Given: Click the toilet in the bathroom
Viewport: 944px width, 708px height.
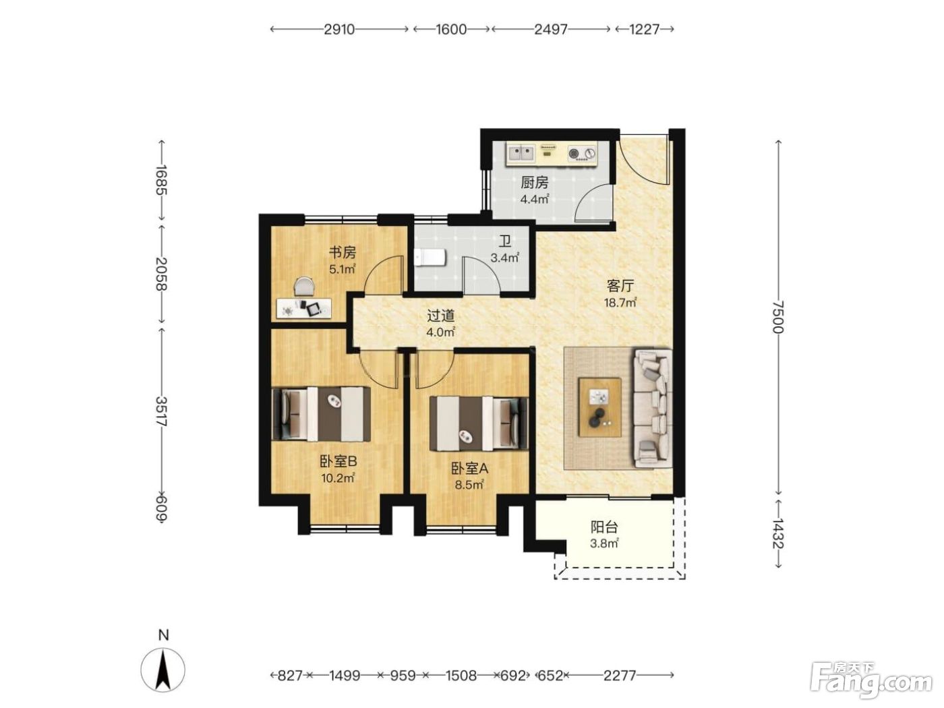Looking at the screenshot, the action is pos(430,258).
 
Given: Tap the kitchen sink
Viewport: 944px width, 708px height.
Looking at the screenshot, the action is pos(521,152).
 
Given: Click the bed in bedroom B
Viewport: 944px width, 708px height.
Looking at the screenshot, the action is pos(321,413).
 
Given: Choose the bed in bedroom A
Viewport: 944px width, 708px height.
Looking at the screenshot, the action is pos(479,423).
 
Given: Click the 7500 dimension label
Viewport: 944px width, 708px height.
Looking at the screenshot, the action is pos(778,317).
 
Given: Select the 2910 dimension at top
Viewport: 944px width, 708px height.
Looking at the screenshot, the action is pos(339,29).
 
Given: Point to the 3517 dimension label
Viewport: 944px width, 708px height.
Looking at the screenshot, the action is pos(162,411).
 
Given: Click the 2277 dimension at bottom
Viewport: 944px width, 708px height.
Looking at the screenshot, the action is pos(620,676).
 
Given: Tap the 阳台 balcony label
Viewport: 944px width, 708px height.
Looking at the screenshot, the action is pos(604,527).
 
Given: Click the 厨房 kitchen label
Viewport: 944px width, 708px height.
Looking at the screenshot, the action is pos(535,183).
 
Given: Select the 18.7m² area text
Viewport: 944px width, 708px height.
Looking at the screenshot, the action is pos(620,302).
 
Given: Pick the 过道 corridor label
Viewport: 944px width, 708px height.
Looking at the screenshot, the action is pos(441,316).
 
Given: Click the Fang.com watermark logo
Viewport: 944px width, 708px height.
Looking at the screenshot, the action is pos(872,679).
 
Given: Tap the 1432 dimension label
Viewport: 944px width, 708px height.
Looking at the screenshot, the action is pos(778,533).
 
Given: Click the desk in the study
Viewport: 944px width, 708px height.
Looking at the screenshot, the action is pos(303,308).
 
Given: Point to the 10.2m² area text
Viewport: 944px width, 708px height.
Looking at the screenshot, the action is pos(338,477).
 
